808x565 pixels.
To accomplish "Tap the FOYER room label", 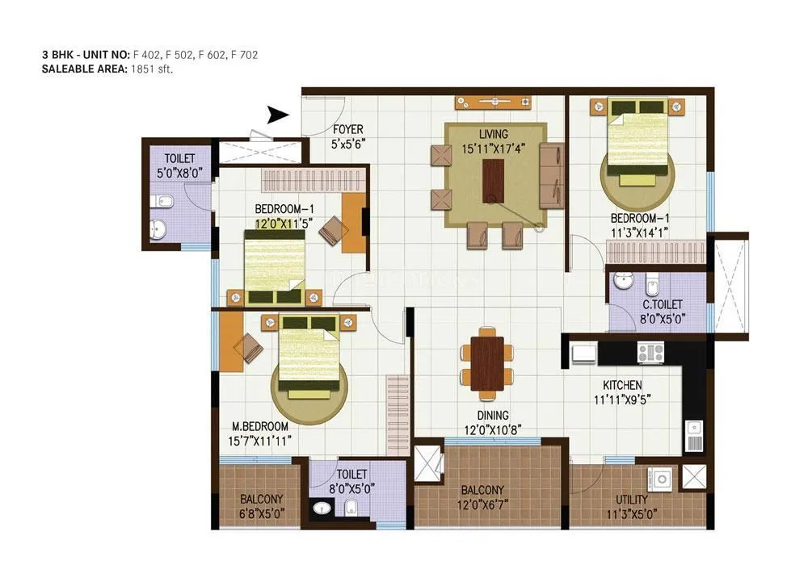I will [348, 129].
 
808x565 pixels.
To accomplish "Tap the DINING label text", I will [492, 416].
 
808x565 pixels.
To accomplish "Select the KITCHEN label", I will [622, 385].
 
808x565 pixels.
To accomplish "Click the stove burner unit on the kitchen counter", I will [650, 352].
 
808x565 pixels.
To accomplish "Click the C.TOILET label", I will [662, 304].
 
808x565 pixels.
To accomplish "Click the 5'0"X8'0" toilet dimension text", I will [179, 172].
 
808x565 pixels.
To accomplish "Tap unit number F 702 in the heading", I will [244, 55].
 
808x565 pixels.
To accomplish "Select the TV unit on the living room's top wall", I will [492, 102].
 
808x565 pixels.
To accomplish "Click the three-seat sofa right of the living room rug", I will [553, 175].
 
